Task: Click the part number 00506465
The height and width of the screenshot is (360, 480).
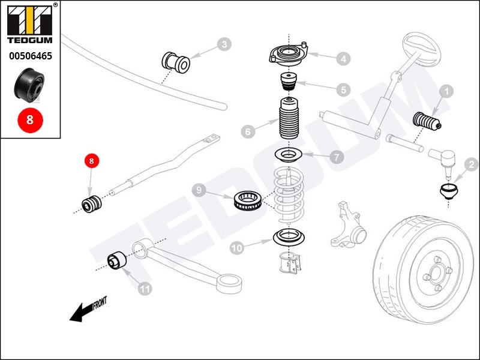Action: pyautogui.click(x=31, y=56)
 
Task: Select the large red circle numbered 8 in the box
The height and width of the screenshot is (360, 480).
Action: pyautogui.click(x=30, y=119)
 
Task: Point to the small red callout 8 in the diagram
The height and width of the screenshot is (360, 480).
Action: pyautogui.click(x=92, y=160)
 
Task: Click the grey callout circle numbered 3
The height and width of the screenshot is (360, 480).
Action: pyautogui.click(x=224, y=44)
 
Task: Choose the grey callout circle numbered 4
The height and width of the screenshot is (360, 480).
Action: pyautogui.click(x=343, y=58)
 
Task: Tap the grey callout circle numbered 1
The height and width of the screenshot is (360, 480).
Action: pyautogui.click(x=446, y=91)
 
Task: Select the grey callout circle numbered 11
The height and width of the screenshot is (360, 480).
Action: pyautogui.click(x=145, y=289)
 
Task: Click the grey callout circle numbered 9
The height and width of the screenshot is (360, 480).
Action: pyautogui.click(x=199, y=190)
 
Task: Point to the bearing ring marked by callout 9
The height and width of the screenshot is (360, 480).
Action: pyautogui.click(x=248, y=200)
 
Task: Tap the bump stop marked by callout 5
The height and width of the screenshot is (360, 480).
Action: pyautogui.click(x=289, y=82)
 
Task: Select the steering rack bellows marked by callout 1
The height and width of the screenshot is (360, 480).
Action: pyautogui.click(x=427, y=120)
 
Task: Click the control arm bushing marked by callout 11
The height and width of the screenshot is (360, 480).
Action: pyautogui.click(x=116, y=261)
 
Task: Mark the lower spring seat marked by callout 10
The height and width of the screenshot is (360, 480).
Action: pyautogui.click(x=289, y=237)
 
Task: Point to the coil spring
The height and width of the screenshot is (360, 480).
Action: pyautogui.click(x=289, y=196)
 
